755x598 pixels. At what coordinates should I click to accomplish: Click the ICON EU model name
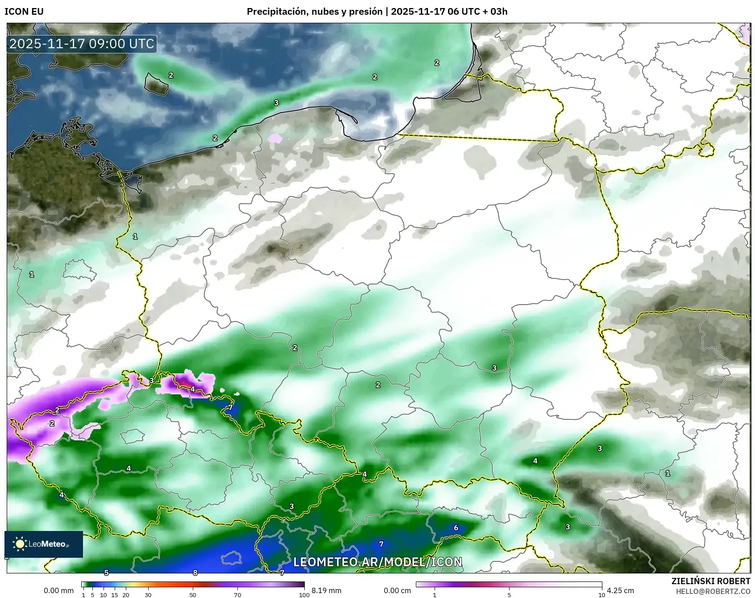tap(24, 12)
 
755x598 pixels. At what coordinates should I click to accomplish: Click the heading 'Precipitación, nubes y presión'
tap(315, 12)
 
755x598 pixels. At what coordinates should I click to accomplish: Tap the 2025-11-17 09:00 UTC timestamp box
tap(82, 44)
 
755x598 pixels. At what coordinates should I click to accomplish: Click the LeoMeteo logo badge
tap(44, 544)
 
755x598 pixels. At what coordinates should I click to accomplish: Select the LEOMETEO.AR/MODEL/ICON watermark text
tap(377, 562)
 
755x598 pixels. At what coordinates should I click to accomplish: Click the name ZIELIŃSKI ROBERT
tap(711, 581)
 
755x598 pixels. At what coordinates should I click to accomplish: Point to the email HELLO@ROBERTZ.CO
tap(713, 591)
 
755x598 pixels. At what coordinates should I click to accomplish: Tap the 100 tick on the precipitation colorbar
tap(304, 594)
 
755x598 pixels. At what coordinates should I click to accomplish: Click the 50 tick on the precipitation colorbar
tap(193, 594)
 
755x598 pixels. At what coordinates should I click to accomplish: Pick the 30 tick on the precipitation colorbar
tap(148, 594)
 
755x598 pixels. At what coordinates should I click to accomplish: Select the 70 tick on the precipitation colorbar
tap(237, 594)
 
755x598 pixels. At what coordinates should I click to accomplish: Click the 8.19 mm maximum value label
tap(326, 590)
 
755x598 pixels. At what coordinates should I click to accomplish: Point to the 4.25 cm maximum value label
tap(620, 590)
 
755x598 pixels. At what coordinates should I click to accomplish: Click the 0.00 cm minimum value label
tap(397, 590)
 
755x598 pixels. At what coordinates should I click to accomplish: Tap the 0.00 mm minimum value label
tap(58, 590)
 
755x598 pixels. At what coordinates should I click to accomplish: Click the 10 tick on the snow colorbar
tap(602, 594)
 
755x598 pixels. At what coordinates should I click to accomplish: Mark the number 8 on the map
tap(195, 573)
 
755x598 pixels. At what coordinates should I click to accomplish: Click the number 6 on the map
tap(456, 527)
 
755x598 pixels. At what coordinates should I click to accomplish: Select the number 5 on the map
tap(106, 573)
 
